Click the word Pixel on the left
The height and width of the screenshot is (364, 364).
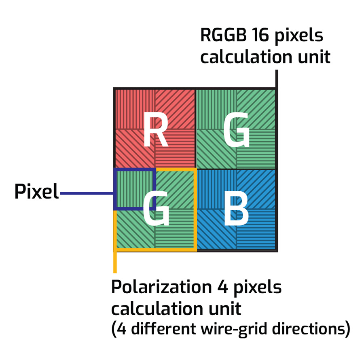click(x=36, y=192)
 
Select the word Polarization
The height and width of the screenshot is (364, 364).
click(x=159, y=288)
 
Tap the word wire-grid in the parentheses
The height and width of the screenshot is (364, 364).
click(x=235, y=329)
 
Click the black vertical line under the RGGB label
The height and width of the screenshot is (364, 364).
click(x=277, y=79)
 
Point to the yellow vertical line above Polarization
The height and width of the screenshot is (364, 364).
click(x=115, y=261)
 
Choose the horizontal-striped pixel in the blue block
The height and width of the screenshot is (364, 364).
click(x=256, y=230)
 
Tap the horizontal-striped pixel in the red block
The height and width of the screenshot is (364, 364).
click(x=176, y=149)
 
